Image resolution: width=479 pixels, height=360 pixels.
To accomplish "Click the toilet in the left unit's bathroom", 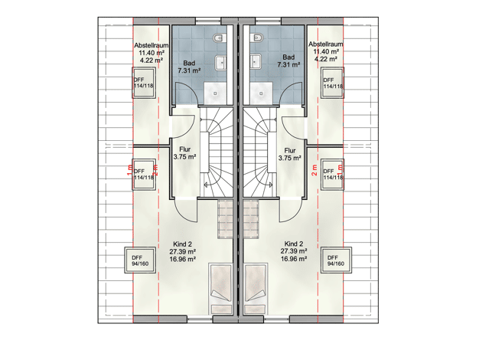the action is pyautogui.click(x=220, y=38).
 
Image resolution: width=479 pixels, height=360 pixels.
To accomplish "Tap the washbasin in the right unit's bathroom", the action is pyautogui.click(x=255, y=62).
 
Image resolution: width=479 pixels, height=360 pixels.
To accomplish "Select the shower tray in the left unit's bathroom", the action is pyautogui.click(x=215, y=93).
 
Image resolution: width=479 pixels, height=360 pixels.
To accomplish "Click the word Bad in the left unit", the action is pyautogui.click(x=189, y=64).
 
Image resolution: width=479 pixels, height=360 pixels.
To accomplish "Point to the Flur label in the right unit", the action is pyautogui.click(x=290, y=150).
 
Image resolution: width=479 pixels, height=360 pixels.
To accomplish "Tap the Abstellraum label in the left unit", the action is pyautogui.click(x=152, y=45).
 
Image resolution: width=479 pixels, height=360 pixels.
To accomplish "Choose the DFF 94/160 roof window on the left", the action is pyautogui.click(x=140, y=260).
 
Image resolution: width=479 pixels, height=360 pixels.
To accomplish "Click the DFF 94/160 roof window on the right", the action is pyautogui.click(x=336, y=260).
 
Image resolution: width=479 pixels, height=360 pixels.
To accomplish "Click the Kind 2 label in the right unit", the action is pyautogui.click(x=294, y=244).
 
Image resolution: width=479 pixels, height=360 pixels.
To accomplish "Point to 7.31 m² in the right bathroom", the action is pyautogui.click(x=288, y=64).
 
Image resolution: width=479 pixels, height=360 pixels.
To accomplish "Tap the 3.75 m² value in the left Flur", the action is pyautogui.click(x=185, y=157).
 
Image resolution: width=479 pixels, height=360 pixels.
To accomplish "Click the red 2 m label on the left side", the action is pyautogui.click(x=155, y=170).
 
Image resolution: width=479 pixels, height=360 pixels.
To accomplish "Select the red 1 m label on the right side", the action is pyautogui.click(x=340, y=169).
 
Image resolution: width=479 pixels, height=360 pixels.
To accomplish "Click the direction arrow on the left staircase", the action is pyautogui.click(x=209, y=185).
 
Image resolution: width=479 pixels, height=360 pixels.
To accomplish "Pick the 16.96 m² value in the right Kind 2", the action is pyautogui.click(x=294, y=259).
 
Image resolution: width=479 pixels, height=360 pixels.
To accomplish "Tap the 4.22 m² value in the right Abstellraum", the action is pyautogui.click(x=326, y=59).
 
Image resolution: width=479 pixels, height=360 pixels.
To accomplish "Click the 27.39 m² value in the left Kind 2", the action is pyautogui.click(x=183, y=251).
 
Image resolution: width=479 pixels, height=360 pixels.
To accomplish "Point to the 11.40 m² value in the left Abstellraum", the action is pyautogui.click(x=152, y=53).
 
